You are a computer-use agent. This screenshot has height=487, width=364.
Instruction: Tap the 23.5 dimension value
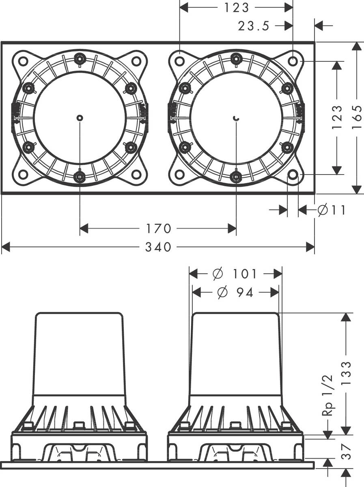coord(254,26)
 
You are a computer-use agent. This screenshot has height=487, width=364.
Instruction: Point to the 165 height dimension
coord(357,118)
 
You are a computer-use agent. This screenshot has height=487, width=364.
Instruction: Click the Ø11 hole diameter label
coord(331,210)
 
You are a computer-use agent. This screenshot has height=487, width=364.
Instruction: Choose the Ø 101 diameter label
coord(235,274)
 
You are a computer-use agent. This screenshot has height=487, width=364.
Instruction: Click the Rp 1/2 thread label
coord(327,396)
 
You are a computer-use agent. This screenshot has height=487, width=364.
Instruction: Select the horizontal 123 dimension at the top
coord(237,7)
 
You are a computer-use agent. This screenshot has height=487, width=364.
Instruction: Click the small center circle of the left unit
coord(80,118)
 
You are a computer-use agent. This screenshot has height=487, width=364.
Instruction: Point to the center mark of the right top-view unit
coord(237,118)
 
